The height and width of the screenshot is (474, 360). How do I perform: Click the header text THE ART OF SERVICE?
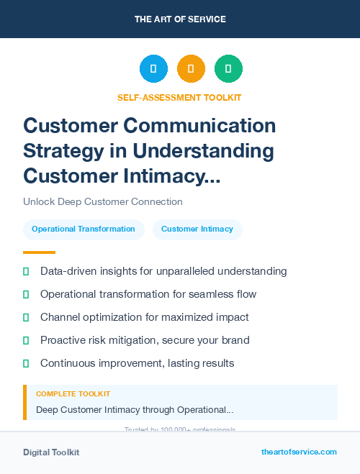pyautogui.click(x=180, y=19)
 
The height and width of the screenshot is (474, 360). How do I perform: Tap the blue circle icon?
pyautogui.click(x=153, y=68)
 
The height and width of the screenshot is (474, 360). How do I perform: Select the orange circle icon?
pyautogui.click(x=191, y=68)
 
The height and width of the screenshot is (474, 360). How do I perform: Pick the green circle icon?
pyautogui.click(x=228, y=68)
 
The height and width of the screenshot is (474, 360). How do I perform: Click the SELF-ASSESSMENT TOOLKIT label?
pyautogui.click(x=179, y=97)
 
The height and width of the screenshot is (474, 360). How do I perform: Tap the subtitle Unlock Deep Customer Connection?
pyautogui.click(x=103, y=201)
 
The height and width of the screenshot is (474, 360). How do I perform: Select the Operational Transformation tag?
pyautogui.click(x=84, y=229)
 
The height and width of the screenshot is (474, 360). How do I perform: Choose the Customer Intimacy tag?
pyautogui.click(x=197, y=229)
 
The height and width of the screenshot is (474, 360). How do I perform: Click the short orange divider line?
pyautogui.click(x=39, y=252)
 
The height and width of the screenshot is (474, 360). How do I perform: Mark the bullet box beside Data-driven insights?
pyautogui.click(x=26, y=271)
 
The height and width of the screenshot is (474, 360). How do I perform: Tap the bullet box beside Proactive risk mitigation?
pyautogui.click(x=26, y=340)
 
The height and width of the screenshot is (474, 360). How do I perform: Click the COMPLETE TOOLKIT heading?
pyautogui.click(x=73, y=394)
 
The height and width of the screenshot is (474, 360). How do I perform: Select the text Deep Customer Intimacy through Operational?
pyautogui.click(x=134, y=410)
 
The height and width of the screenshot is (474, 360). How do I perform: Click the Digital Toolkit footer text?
pyautogui.click(x=51, y=452)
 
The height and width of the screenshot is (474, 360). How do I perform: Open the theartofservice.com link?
pyautogui.click(x=299, y=452)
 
